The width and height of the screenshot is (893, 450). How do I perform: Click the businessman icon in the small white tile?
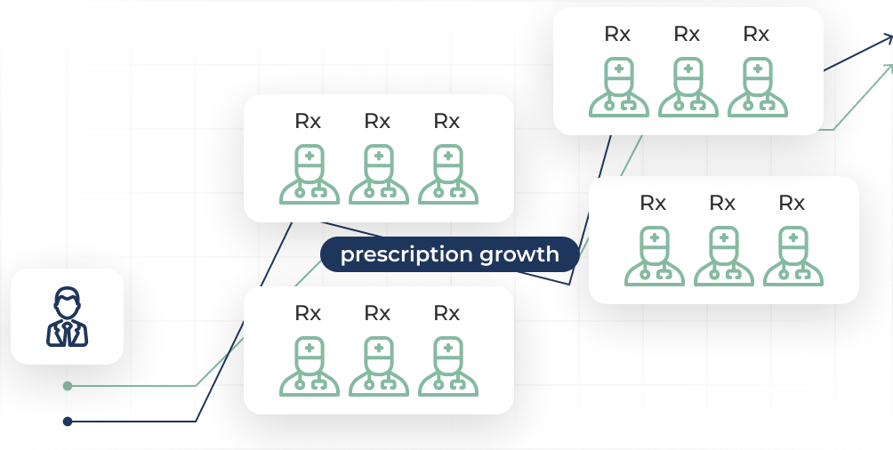(x=68, y=317)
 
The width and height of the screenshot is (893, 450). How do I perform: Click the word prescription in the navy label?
(x=406, y=255)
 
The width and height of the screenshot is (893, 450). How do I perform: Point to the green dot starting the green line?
(x=68, y=386)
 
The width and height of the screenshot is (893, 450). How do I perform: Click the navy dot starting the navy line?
(x=68, y=421)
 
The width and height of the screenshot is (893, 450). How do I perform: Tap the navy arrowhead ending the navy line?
(x=888, y=39)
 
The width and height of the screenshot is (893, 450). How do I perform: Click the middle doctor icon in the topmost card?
(x=687, y=87)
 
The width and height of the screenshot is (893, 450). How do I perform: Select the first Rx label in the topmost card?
(x=617, y=34)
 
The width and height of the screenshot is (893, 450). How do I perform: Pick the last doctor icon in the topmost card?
(x=756, y=87)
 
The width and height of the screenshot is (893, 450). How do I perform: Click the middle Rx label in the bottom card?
(x=378, y=313)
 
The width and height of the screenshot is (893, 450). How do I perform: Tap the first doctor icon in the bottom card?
(x=309, y=366)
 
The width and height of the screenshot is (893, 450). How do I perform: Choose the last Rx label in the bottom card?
(x=446, y=313)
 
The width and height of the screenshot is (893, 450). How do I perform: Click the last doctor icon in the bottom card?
(x=446, y=366)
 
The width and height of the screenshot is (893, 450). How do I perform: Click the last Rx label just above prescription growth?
(x=446, y=121)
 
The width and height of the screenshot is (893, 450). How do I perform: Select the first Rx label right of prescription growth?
(x=653, y=203)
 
